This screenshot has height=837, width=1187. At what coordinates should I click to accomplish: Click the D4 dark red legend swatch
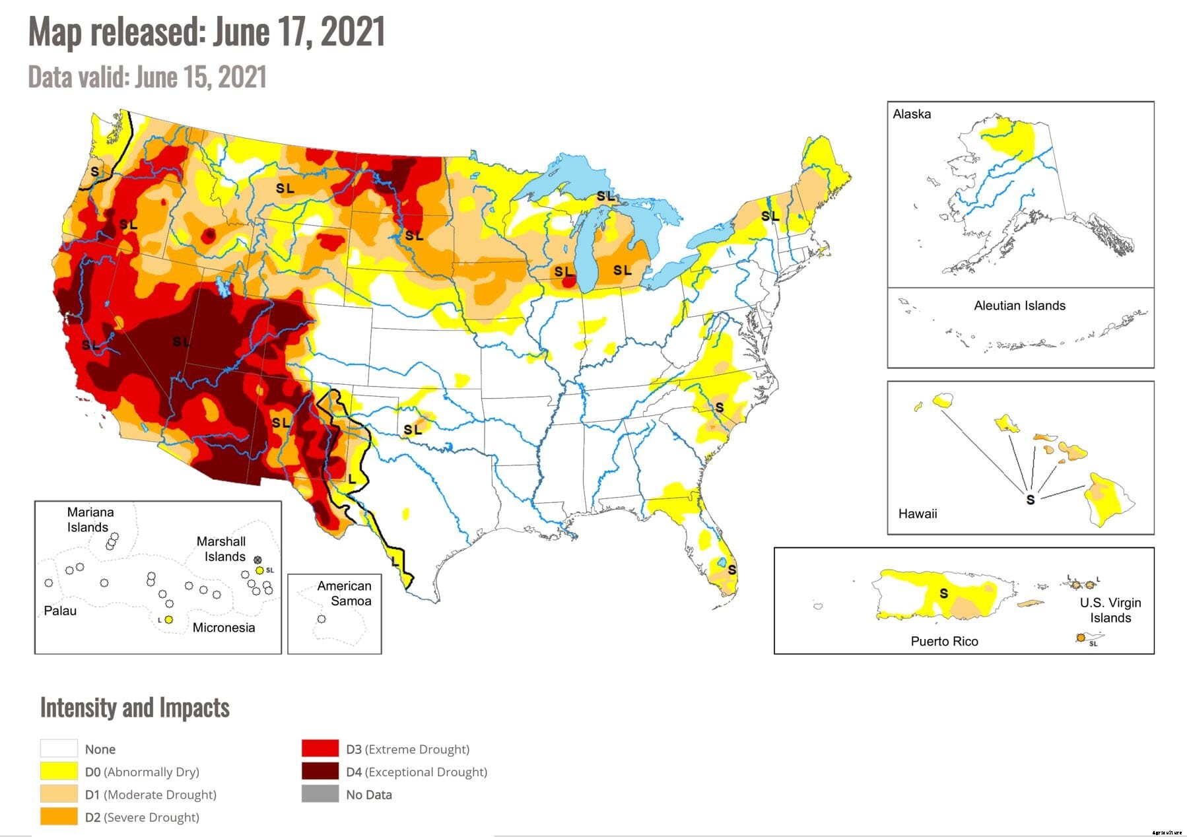tap(320, 771)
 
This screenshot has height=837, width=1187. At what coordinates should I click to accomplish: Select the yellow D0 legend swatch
tap(58, 771)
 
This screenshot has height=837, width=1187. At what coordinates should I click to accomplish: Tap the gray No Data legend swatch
tap(320, 794)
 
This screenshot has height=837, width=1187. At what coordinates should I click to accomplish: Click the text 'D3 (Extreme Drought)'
tap(407, 749)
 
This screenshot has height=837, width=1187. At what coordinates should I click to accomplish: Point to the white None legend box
tap(58, 749)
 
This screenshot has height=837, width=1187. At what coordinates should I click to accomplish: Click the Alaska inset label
tap(911, 114)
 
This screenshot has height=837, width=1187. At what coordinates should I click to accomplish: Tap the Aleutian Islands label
tap(1019, 306)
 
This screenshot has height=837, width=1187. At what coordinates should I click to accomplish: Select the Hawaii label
tap(917, 514)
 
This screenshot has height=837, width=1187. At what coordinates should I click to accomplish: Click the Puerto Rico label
tap(944, 641)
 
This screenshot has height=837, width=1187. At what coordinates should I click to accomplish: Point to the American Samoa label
tap(345, 593)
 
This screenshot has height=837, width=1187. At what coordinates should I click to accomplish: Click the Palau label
tap(60, 611)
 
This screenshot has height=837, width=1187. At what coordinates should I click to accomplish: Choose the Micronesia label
tap(223, 627)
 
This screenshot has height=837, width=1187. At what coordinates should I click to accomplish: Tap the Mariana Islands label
tap(89, 519)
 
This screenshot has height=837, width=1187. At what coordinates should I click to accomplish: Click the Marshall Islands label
tap(222, 549)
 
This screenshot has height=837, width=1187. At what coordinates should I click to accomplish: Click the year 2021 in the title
tap(353, 31)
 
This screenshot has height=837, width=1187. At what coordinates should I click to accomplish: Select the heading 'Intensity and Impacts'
tap(135, 708)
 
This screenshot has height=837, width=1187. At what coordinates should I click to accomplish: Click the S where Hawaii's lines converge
tap(1030, 500)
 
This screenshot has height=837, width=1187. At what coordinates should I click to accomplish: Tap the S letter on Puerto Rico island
tap(943, 593)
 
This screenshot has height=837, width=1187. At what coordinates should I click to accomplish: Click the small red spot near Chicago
tap(568, 282)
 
